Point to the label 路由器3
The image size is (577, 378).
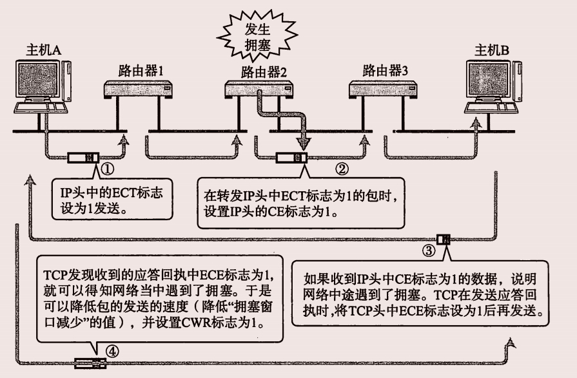point(385,70)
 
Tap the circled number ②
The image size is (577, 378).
point(343,170)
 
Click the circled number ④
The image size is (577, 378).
point(112,352)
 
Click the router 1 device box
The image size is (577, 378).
point(140,90)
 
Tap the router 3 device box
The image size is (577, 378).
point(382,90)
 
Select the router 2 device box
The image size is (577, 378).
point(261,90)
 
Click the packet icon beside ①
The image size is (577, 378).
point(83,157)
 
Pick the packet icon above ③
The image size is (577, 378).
point(444,240)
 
